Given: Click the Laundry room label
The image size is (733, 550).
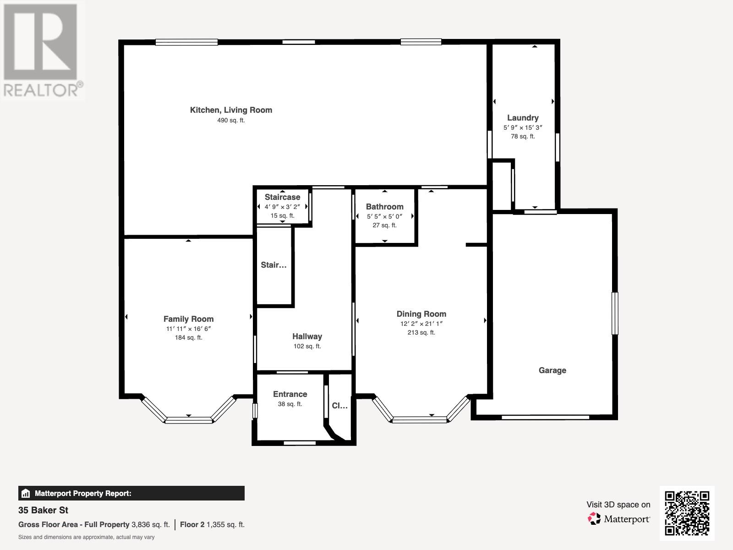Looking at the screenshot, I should (x=522, y=118).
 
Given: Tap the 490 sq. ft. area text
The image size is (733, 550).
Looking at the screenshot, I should (x=231, y=121).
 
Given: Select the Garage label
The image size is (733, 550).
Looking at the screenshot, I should (x=552, y=370).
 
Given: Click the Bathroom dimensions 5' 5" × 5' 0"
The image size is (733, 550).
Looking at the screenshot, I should (x=384, y=216).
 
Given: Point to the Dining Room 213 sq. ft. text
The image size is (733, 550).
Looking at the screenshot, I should (x=421, y=332).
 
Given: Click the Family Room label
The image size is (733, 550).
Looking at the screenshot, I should (x=188, y=319).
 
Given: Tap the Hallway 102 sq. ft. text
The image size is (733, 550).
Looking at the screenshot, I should (x=307, y=346).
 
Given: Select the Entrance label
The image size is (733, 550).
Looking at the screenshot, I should (x=290, y=394).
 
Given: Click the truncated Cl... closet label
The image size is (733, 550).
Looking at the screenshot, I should (x=339, y=406).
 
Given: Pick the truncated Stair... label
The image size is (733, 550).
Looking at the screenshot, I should (x=274, y=265).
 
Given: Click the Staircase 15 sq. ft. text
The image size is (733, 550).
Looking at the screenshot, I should (x=282, y=215).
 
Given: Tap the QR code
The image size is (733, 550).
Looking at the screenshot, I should (x=687, y=513).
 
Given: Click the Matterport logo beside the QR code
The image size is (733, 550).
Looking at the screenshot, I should (x=619, y=519).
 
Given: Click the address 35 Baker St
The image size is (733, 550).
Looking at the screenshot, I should (x=44, y=510).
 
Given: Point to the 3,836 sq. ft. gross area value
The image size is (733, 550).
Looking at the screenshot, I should (x=150, y=524).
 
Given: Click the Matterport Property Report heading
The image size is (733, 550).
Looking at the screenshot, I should (x=82, y=494).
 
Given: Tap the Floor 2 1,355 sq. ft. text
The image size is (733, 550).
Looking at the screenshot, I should (x=212, y=524).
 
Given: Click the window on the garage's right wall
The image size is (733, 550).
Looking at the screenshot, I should (x=615, y=313).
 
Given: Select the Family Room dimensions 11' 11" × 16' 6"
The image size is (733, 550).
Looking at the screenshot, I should (x=188, y=329).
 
